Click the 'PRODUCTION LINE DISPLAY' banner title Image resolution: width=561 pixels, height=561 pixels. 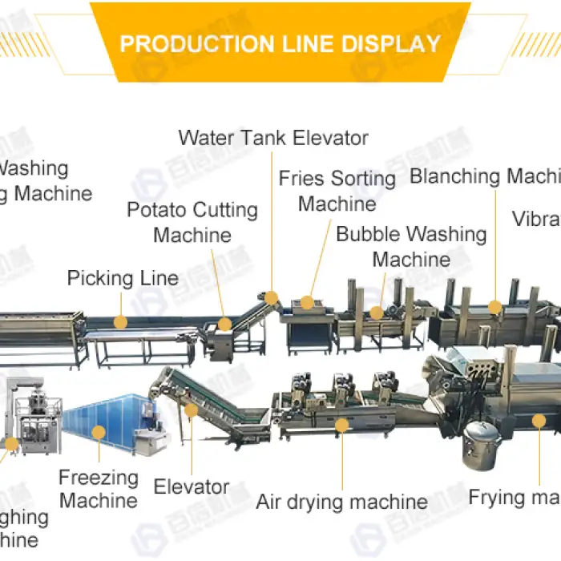280,43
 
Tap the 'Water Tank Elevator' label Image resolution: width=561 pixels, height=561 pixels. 273,138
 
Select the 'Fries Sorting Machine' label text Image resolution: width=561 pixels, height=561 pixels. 337,191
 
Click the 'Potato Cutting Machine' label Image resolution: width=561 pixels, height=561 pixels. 192,223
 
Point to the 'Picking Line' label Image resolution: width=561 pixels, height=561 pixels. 123,279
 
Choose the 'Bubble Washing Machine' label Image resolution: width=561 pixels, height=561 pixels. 411,247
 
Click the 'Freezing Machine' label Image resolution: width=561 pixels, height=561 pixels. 99,490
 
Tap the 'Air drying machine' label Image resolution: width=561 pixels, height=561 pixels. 341,502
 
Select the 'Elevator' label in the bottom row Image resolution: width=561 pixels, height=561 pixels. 192,486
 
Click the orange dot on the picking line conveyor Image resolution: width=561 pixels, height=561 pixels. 120,322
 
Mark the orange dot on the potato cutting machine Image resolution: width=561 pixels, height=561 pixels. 225,324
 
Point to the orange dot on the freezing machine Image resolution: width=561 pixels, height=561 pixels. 98,433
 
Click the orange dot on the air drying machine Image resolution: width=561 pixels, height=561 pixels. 342,426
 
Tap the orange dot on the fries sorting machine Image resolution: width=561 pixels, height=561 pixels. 307,303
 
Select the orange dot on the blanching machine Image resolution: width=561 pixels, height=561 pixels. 494,306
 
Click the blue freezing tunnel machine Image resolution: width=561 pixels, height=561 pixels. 108,421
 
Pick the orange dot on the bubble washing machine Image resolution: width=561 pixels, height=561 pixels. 376,312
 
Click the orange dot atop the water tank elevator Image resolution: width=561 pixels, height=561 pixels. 272,297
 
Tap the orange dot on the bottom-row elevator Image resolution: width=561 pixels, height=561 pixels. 191,410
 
